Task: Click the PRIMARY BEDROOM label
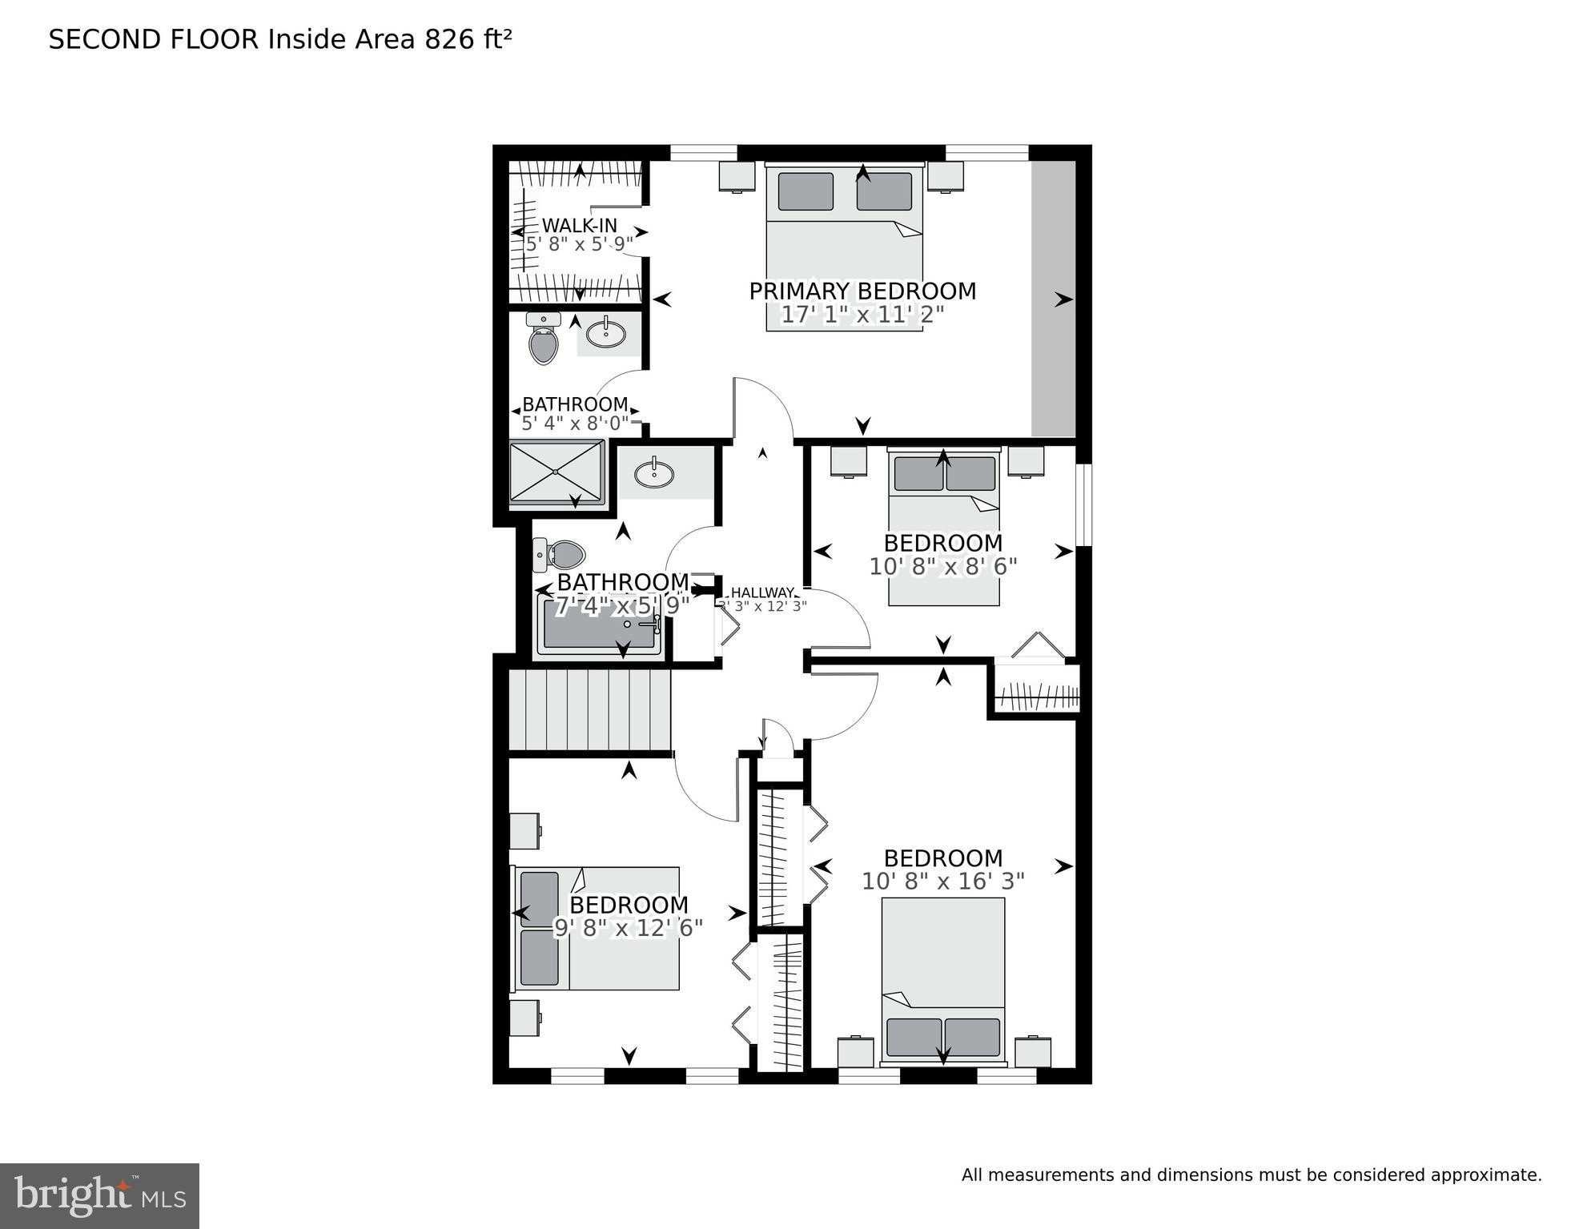[862, 291]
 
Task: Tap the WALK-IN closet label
[579, 226]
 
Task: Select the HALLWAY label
[762, 592]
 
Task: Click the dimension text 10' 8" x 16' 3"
[942, 882]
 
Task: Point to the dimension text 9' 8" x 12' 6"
[629, 928]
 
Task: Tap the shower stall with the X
[556, 473]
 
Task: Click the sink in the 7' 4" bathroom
[654, 474]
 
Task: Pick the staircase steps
[589, 710]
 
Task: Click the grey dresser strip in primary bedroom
[1052, 299]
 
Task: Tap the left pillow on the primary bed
[806, 191]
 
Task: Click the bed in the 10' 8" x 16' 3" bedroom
[942, 981]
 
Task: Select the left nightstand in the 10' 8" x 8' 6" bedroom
[849, 462]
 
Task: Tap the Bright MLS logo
[99, 1196]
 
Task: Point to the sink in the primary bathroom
[606, 333]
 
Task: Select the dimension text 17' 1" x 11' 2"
[862, 315]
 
